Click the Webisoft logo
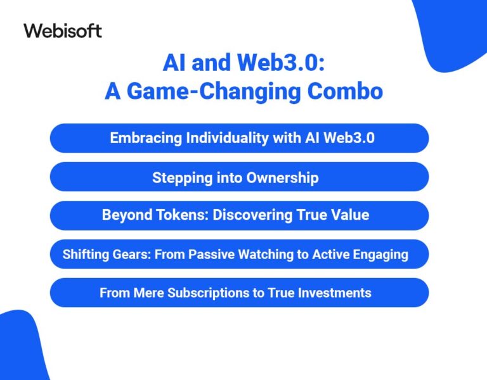pos(63,30)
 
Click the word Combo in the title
pos(345,91)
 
